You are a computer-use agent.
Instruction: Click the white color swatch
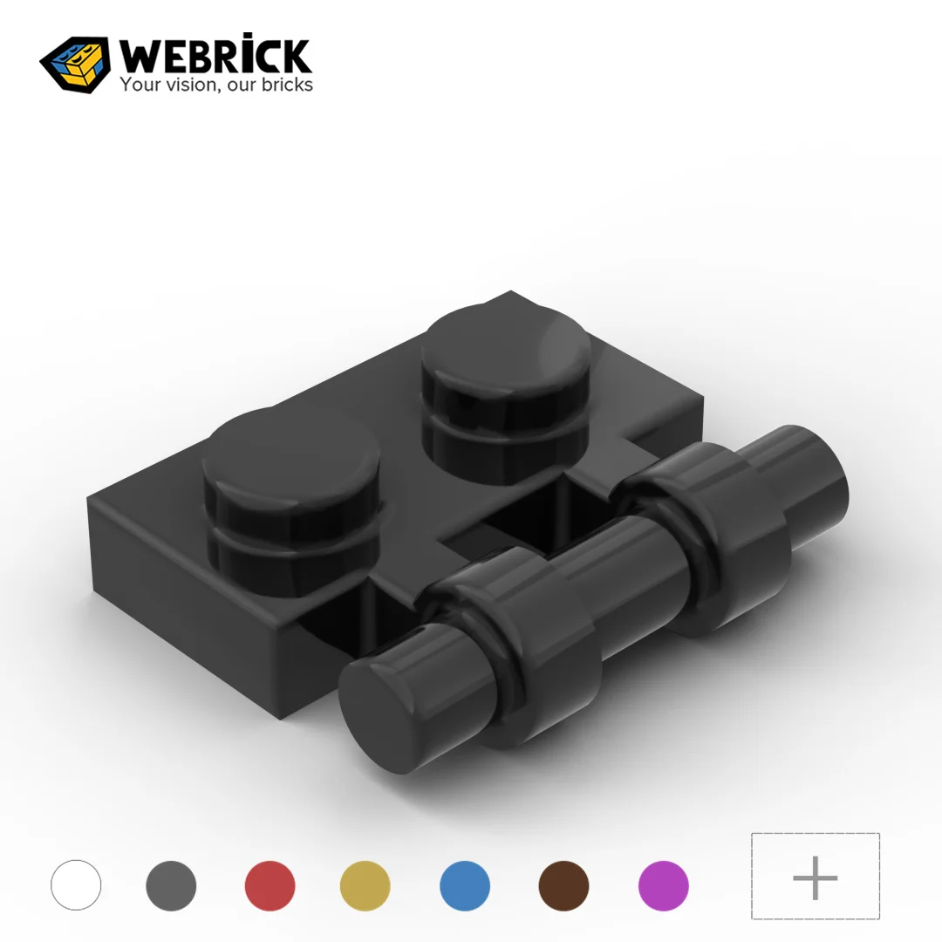click(x=76, y=885)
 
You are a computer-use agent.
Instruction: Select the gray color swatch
click(x=172, y=885)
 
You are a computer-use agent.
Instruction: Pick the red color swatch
click(x=270, y=885)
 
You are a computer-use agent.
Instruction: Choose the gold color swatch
click(x=365, y=885)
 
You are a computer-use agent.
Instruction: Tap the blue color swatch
click(x=465, y=885)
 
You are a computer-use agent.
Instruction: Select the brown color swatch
click(x=563, y=885)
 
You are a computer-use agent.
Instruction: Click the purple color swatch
click(x=664, y=885)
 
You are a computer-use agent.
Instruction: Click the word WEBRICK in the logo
click(x=215, y=56)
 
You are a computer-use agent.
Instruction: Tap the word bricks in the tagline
click(x=283, y=85)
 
